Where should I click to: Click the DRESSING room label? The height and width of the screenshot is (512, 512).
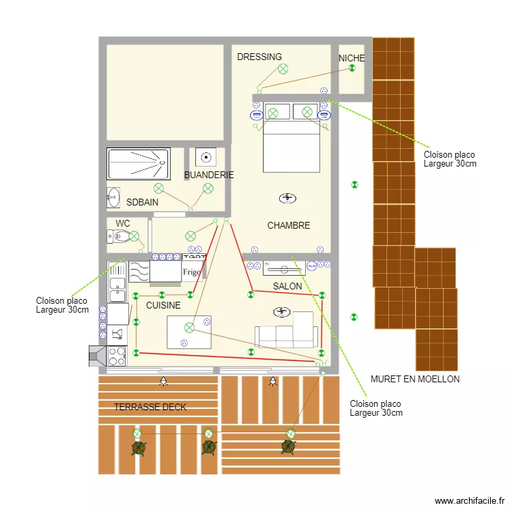coord(259,57)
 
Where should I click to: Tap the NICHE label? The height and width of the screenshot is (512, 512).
coord(352,58)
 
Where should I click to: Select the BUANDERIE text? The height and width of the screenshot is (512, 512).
coord(209,175)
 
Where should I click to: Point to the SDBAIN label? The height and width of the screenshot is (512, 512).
coord(143,202)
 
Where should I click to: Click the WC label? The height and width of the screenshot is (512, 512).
coord(123,223)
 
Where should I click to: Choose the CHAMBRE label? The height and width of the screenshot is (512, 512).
coord(289,225)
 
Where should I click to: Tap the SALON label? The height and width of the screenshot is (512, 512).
coord(287,286)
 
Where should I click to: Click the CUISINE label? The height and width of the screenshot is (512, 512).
coord(163,305)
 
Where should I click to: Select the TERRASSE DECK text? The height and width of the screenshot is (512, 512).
coord(150,407)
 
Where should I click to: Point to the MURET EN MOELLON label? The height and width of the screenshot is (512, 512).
coord(415,379)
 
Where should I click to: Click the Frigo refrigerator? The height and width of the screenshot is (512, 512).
coord(192,271)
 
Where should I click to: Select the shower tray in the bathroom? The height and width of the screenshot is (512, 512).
coord(139,164)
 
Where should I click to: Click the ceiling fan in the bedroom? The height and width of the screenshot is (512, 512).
coord(287,198)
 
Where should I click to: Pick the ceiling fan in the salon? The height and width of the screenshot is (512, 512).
coord(282,312)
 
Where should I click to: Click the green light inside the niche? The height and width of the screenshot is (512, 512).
coord(352,68)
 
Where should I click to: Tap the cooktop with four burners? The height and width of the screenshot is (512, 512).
coord(117,356)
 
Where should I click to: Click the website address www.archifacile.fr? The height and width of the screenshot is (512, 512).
coord(470,500)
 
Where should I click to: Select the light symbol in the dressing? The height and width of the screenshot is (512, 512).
coord(283,69)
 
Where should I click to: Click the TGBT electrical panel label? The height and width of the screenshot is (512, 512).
coord(195,257)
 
